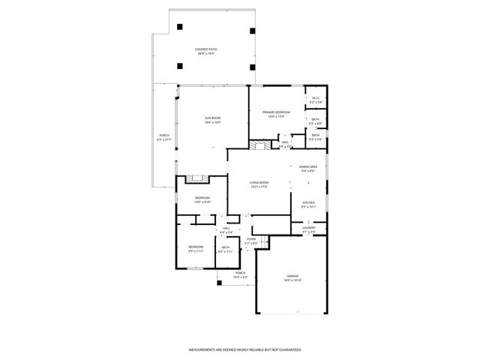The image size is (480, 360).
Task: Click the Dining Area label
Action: click(x=308, y=168)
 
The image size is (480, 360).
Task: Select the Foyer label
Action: click(x=251, y=241)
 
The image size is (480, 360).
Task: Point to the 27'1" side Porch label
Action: click(x=163, y=138)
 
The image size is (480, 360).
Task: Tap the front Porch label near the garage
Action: click(x=240, y=274)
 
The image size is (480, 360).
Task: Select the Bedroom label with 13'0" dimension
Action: click(x=202, y=199)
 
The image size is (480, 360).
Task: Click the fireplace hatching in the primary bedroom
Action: click(x=259, y=145)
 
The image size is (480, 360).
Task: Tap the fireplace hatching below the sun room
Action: click(x=199, y=179)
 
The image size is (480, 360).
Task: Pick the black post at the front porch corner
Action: click(x=217, y=283)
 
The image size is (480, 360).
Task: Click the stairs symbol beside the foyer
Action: click(x=264, y=240)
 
